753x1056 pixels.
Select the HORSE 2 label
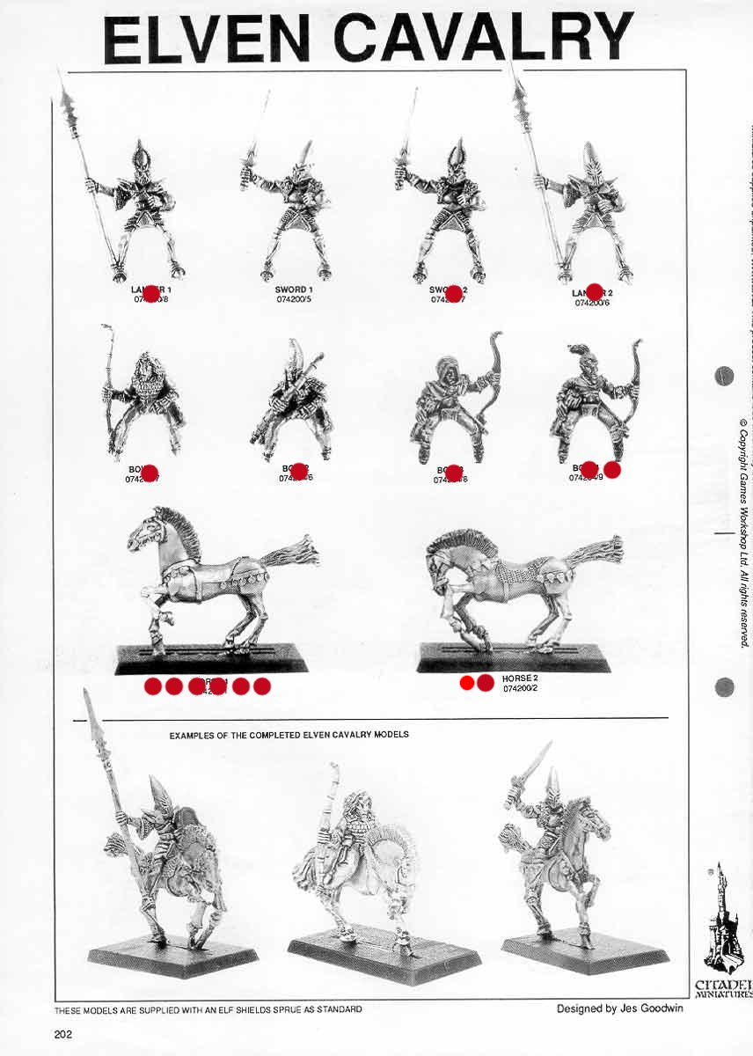coord(519,679)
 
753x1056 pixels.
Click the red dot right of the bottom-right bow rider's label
coord(612,470)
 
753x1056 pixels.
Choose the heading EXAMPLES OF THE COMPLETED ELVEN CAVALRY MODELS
coord(289,733)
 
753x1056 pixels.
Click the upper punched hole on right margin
coord(725,375)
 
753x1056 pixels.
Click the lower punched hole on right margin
coord(725,687)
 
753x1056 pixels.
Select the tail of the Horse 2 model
coord(595,550)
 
